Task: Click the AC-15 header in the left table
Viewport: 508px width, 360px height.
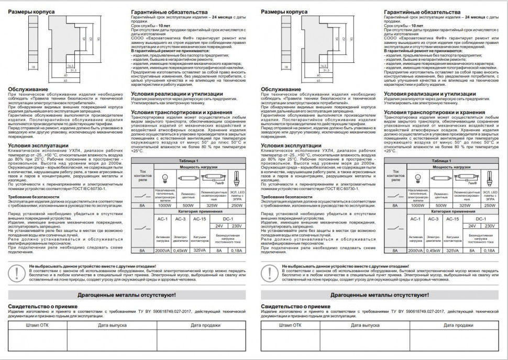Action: point(200,218)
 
